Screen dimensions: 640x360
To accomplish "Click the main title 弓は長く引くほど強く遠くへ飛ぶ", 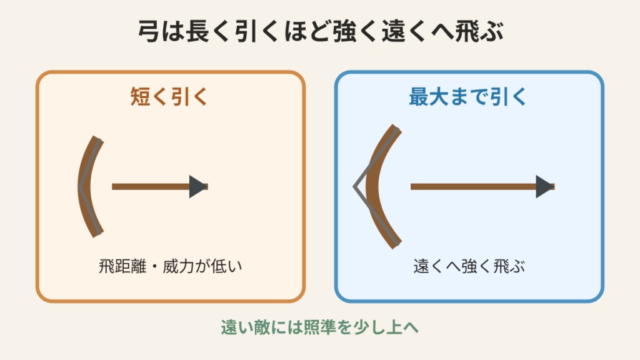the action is pyautogui.click(x=321, y=31).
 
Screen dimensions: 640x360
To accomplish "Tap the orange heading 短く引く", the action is pyautogui.click(x=169, y=97).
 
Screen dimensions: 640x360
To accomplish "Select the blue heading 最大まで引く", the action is pyautogui.click(x=468, y=97).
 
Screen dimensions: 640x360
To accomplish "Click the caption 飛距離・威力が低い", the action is pyautogui.click(x=170, y=266).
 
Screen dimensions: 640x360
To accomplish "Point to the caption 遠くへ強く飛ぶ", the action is pyautogui.click(x=469, y=266).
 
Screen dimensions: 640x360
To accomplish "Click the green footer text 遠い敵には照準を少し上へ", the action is pyautogui.click(x=320, y=327).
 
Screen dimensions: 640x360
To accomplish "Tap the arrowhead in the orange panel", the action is pyautogui.click(x=198, y=187).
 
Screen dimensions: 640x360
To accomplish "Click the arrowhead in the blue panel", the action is pyautogui.click(x=545, y=187).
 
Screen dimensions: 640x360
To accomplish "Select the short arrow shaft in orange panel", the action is pyautogui.click(x=151, y=187).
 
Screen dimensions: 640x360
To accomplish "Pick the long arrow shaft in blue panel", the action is pyautogui.click(x=474, y=187).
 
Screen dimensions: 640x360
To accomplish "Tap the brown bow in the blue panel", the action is pyautogui.click(x=372, y=187).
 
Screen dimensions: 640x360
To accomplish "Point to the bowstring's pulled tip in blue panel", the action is pyautogui.click(x=354, y=187).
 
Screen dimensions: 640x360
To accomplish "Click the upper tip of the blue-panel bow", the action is pyautogui.click(x=396, y=127).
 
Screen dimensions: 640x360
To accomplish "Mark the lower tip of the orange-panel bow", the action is pyautogui.click(x=98, y=234).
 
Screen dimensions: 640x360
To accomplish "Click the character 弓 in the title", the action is pyautogui.click(x=149, y=32).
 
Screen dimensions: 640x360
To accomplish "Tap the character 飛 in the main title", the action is pyautogui.click(x=467, y=32).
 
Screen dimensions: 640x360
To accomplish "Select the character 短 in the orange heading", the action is pyautogui.click(x=140, y=97).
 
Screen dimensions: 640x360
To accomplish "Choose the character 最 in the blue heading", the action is pyautogui.click(x=419, y=97).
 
